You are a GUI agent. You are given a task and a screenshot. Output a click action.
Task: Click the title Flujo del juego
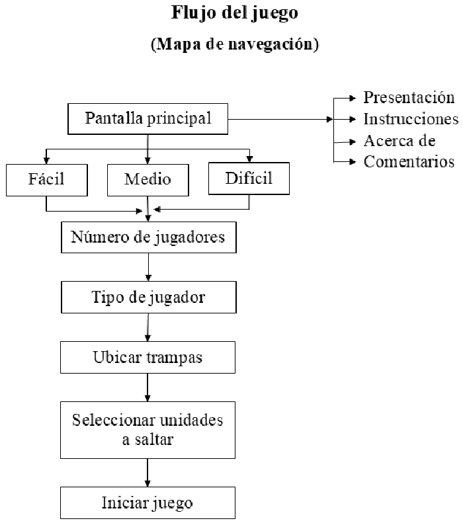click(235, 13)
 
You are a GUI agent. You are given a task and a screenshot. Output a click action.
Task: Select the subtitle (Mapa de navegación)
click(235, 44)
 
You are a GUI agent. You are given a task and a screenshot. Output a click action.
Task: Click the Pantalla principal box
click(147, 119)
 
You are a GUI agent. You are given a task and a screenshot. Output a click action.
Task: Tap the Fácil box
click(46, 180)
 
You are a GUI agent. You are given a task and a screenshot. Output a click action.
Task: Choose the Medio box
click(147, 180)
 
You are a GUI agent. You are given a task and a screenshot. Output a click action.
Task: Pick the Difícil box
click(249, 178)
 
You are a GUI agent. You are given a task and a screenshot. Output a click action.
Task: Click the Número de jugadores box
click(148, 237)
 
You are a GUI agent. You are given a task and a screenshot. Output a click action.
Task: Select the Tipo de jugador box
click(148, 297)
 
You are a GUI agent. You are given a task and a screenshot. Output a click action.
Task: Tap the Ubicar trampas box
click(147, 357)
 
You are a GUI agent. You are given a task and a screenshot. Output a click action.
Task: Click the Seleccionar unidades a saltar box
click(147, 430)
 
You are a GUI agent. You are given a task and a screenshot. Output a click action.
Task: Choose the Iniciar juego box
click(147, 503)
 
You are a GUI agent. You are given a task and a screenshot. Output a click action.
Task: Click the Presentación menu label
click(409, 98)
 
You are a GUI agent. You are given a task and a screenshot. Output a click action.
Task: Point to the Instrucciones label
click(411, 119)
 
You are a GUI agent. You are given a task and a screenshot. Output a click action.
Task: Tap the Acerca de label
click(400, 141)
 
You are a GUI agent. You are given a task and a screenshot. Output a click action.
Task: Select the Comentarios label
click(409, 162)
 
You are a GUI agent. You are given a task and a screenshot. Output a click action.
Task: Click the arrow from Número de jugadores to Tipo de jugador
click(148, 267)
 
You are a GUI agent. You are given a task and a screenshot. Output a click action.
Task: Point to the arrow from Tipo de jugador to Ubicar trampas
click(147, 327)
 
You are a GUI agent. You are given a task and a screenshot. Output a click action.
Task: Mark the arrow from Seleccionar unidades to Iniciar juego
click(147, 473)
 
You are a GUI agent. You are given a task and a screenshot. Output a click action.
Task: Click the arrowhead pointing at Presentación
click(352, 98)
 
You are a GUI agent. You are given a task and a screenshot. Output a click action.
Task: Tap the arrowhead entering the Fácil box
click(46, 161)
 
